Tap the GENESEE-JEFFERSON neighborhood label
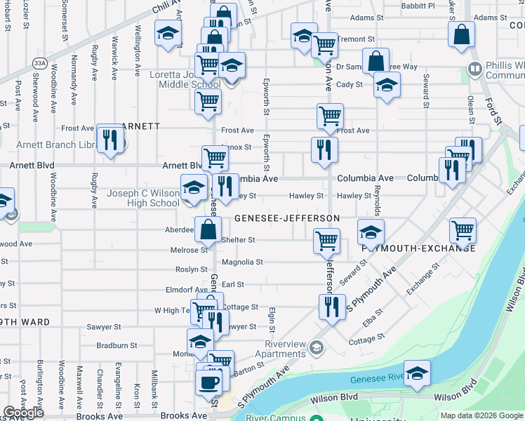click(x=287, y=218)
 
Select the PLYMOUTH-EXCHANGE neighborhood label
click(x=419, y=248)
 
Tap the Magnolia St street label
click(x=242, y=262)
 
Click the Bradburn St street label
click(x=117, y=345)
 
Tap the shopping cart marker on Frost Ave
click(x=330, y=115)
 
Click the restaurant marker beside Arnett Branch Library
click(x=109, y=139)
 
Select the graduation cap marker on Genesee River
click(x=417, y=373)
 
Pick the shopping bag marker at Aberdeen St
click(x=208, y=229)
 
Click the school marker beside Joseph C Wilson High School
click(x=194, y=188)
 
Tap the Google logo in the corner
click(x=24, y=413)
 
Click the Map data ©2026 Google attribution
click(x=481, y=415)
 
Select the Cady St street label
click(x=349, y=84)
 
